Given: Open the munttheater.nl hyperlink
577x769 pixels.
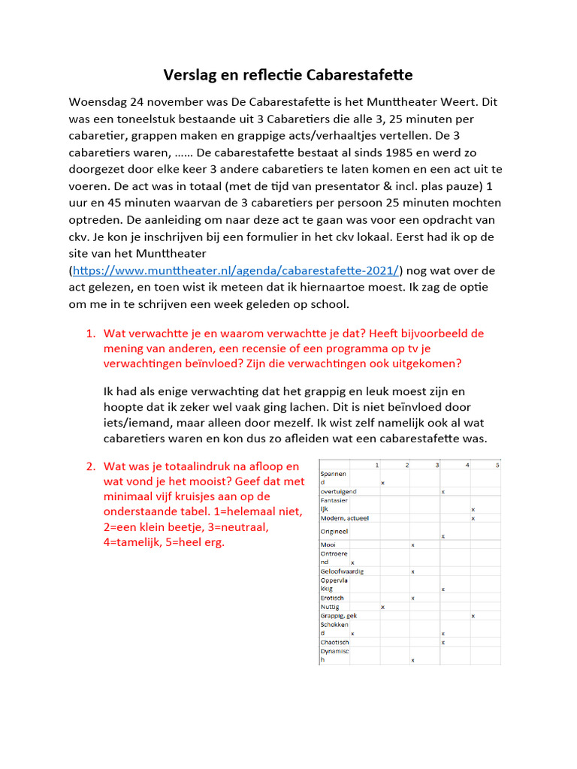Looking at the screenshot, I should [237, 270].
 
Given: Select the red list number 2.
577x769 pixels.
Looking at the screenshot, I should [90, 466].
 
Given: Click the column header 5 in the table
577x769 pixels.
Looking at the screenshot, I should [497, 466].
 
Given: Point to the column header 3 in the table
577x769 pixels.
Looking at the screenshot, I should [437, 466].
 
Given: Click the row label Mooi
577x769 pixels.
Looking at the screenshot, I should [328, 544].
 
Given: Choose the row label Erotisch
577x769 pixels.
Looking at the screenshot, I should [332, 598].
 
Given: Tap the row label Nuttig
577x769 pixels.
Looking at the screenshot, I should [330, 607].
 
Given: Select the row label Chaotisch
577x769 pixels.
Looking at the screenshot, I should [334, 642].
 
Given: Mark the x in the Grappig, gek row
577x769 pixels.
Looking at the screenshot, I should [473, 616].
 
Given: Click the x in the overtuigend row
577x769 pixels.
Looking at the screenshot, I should [443, 492].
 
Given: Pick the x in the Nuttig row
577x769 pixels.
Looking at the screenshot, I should [382, 607].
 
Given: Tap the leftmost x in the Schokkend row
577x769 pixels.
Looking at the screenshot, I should [352, 634].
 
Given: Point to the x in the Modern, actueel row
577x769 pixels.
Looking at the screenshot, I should [473, 518].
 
